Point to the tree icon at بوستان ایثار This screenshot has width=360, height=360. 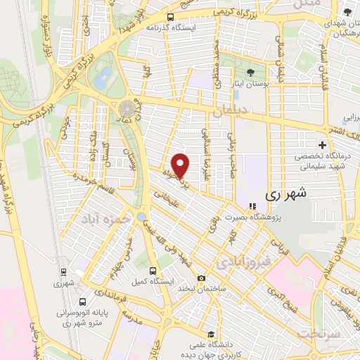[250, 72]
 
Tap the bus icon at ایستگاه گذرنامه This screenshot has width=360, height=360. [170, 18]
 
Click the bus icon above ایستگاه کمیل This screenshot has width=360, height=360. [153, 270]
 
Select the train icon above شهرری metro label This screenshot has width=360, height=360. [63, 271]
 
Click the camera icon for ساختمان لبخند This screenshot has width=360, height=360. [201, 278]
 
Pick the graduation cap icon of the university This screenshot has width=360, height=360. [210, 334]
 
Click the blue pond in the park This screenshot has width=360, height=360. [103, 75]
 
